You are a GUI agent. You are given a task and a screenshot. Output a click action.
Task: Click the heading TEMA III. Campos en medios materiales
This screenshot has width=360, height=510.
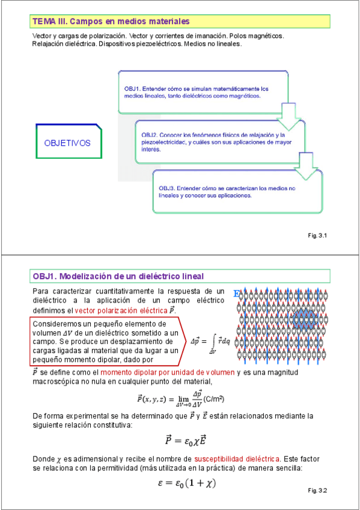tap(111, 22)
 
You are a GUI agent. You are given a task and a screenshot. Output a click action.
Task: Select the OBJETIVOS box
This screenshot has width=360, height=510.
tap(67, 143)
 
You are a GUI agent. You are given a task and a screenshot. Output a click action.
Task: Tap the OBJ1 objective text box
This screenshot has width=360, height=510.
tap(198, 92)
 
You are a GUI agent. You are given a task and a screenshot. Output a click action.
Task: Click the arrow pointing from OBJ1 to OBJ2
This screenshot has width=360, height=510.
tap(288, 116)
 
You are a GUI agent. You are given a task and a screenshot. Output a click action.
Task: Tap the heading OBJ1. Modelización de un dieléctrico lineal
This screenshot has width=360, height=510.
tap(118, 275)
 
